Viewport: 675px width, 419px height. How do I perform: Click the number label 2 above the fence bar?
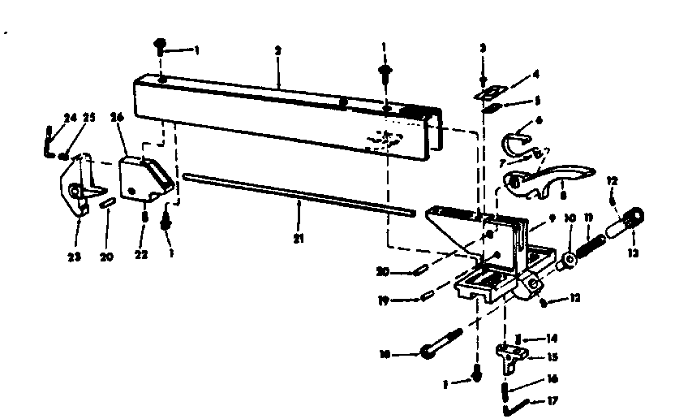point(277,50)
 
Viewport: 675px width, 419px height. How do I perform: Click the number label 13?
point(633,253)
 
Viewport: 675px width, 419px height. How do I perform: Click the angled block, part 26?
point(141,179)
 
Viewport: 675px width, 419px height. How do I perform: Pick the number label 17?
point(553,400)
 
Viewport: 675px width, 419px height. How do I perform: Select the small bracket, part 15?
point(509,355)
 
